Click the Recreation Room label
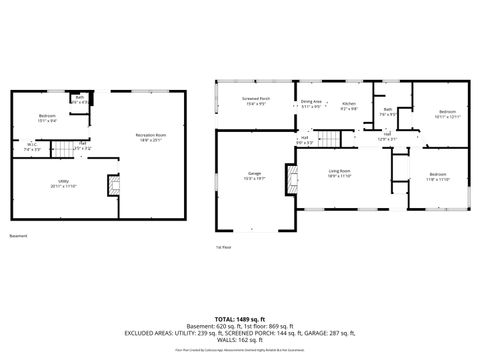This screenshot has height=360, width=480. [x=152, y=136]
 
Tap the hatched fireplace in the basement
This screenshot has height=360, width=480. [x=114, y=186]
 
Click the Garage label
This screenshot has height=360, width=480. [x=255, y=176]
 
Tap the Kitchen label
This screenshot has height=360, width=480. [x=349, y=105]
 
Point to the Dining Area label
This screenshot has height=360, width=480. [x=311, y=103]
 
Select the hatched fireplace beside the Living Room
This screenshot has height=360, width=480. [x=292, y=180]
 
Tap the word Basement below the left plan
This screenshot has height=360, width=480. [x=18, y=236]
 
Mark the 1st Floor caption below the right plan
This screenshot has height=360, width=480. [x=223, y=246]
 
